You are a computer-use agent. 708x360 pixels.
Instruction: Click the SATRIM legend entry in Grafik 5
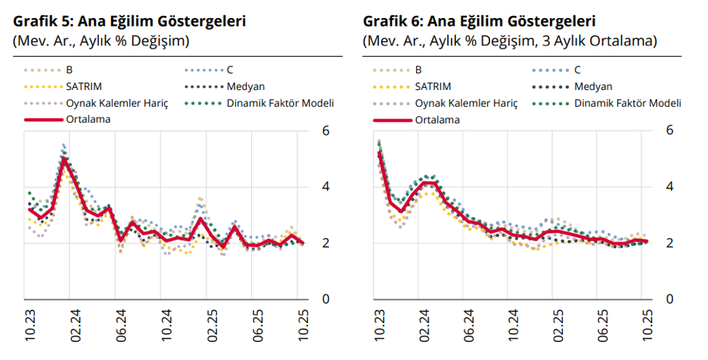pyautogui.click(x=84, y=86)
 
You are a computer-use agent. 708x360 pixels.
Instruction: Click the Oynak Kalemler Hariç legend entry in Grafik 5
pyautogui.click(x=116, y=103)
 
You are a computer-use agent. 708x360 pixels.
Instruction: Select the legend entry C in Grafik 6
pyautogui.click(x=577, y=70)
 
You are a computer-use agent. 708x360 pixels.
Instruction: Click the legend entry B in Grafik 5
pyautogui.click(x=70, y=70)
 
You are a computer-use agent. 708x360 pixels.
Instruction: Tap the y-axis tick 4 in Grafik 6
pyautogui.click(x=669, y=187)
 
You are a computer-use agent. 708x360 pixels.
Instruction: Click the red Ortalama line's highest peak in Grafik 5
pyautogui.click(x=65, y=159)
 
